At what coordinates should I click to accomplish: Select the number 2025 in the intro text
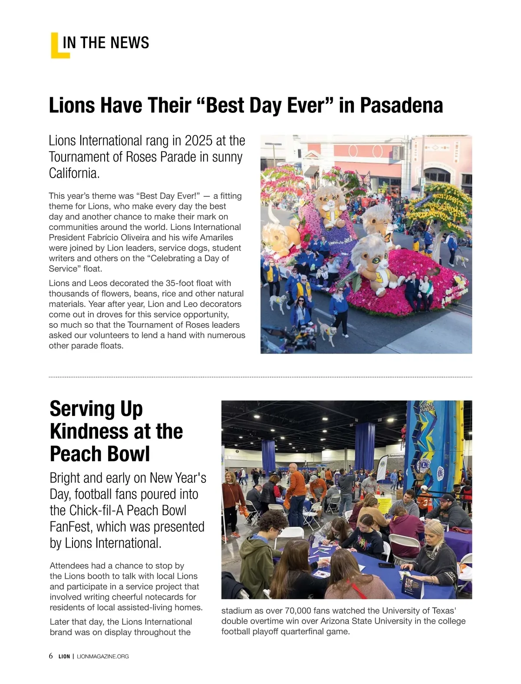(x=199, y=141)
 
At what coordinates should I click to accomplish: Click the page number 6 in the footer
(x=51, y=656)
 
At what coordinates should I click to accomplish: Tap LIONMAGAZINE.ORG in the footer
(x=102, y=656)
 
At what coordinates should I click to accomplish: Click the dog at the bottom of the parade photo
(x=326, y=330)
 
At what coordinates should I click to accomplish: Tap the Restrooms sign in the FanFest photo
(x=396, y=456)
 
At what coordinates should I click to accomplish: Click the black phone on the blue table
(x=386, y=565)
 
